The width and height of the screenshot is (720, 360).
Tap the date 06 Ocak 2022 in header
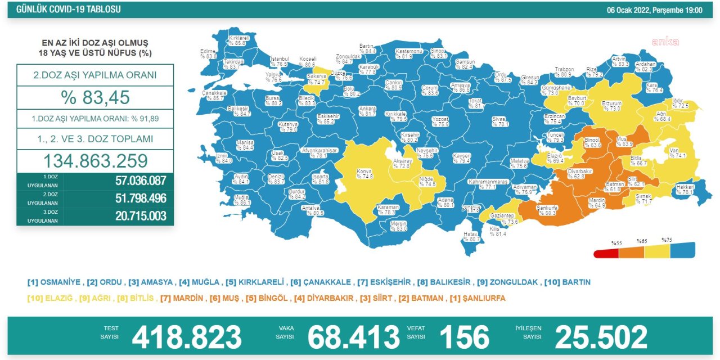coord(654,10)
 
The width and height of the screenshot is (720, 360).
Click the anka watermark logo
coord(665,42)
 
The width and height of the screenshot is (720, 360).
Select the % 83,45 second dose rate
coord(95,97)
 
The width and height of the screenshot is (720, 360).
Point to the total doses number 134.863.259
coord(95,161)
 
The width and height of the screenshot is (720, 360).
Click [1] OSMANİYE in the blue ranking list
coord(55,282)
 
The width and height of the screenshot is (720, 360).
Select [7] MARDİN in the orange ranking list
coord(181,298)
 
